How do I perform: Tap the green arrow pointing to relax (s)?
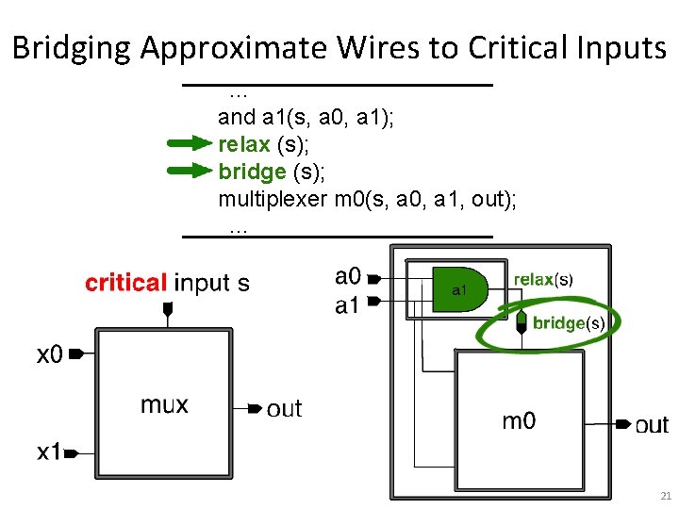[x=189, y=144]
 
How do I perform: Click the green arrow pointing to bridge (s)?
[x=189, y=171]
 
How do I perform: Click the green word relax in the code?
[x=243, y=144]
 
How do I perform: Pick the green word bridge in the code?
[x=252, y=172]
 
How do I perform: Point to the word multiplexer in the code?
[x=273, y=199]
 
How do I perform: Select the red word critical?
[x=126, y=283]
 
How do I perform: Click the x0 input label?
[x=50, y=354]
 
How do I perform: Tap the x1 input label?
[x=49, y=452]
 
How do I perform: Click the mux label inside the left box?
[x=164, y=405]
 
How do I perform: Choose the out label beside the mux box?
[x=284, y=408]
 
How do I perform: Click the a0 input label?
[x=348, y=276]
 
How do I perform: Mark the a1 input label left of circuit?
[x=348, y=305]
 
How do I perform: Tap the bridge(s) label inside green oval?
[x=560, y=323]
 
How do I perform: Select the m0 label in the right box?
[x=519, y=421]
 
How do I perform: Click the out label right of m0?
[x=652, y=425]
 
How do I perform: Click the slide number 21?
[x=665, y=496]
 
